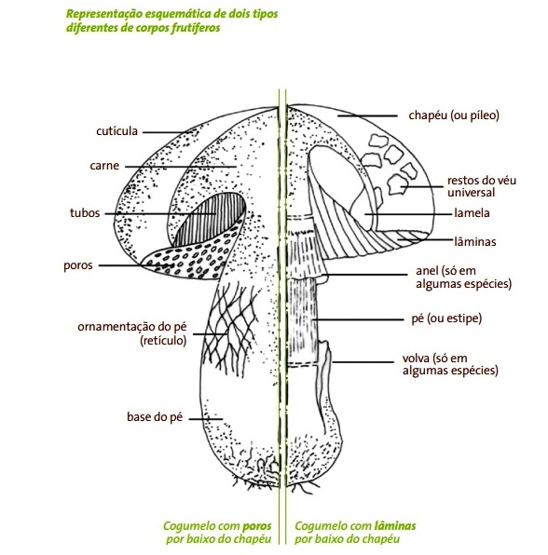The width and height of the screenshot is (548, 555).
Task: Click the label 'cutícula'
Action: click(x=116, y=131)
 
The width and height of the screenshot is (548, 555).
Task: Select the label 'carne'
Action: click(x=104, y=166)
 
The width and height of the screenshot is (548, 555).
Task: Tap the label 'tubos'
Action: click(x=85, y=213)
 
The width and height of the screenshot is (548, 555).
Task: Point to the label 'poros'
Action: click(x=78, y=265)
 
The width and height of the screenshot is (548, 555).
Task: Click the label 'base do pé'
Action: click(x=155, y=416)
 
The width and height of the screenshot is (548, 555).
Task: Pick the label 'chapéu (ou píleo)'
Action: click(x=454, y=115)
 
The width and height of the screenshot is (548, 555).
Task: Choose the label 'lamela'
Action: click(x=472, y=213)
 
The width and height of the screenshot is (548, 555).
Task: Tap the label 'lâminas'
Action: click(x=475, y=242)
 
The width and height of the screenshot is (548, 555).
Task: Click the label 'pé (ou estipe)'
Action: click(x=446, y=318)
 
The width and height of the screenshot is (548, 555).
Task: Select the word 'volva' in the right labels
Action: click(x=416, y=359)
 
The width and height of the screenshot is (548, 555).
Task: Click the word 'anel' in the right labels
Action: click(x=427, y=271)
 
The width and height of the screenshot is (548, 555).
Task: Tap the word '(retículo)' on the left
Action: click(x=163, y=341)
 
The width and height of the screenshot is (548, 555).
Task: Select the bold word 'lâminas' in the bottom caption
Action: click(x=394, y=525)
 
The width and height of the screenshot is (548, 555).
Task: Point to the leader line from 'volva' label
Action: click(x=363, y=361)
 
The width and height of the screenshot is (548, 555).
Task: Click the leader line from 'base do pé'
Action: click(x=205, y=419)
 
